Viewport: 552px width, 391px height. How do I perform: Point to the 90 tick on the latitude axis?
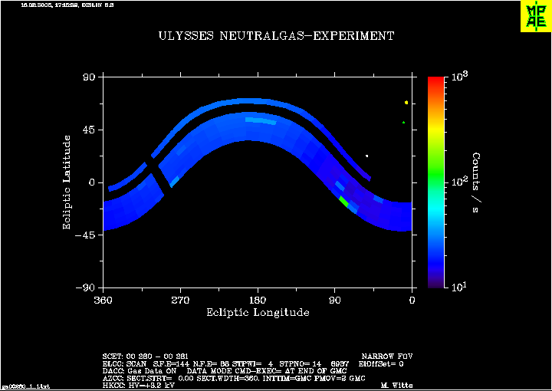click(88, 77)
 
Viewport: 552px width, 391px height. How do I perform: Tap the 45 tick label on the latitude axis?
click(87, 130)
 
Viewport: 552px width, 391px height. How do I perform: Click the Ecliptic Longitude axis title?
click(258, 313)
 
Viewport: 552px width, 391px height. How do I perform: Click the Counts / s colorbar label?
click(477, 182)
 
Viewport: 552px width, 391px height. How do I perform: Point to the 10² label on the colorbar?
click(460, 182)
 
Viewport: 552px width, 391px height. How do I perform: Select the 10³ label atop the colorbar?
click(460, 77)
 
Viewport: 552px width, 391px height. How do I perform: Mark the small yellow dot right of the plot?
click(406, 102)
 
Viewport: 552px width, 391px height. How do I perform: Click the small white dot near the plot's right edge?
click(366, 156)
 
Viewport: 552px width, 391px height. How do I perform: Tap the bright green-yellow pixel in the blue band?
click(343, 202)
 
